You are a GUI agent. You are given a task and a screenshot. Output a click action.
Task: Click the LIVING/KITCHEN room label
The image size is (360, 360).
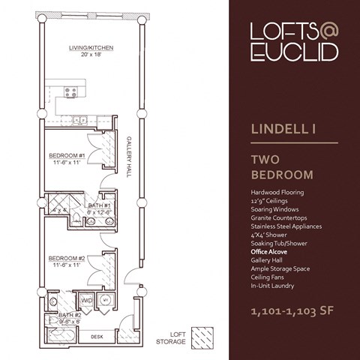[91, 48]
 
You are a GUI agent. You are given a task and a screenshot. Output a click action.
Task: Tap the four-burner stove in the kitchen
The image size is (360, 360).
[72, 92]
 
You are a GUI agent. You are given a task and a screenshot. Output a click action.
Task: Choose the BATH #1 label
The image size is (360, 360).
[99, 205]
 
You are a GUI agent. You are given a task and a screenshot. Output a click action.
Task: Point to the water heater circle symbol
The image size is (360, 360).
[106, 300]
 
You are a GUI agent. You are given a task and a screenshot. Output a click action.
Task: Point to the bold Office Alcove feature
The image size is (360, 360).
[271, 253]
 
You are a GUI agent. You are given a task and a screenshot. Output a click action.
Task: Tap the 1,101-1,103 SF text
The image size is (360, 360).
[289, 309]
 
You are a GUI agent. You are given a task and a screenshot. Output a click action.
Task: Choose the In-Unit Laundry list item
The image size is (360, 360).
[272, 286]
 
